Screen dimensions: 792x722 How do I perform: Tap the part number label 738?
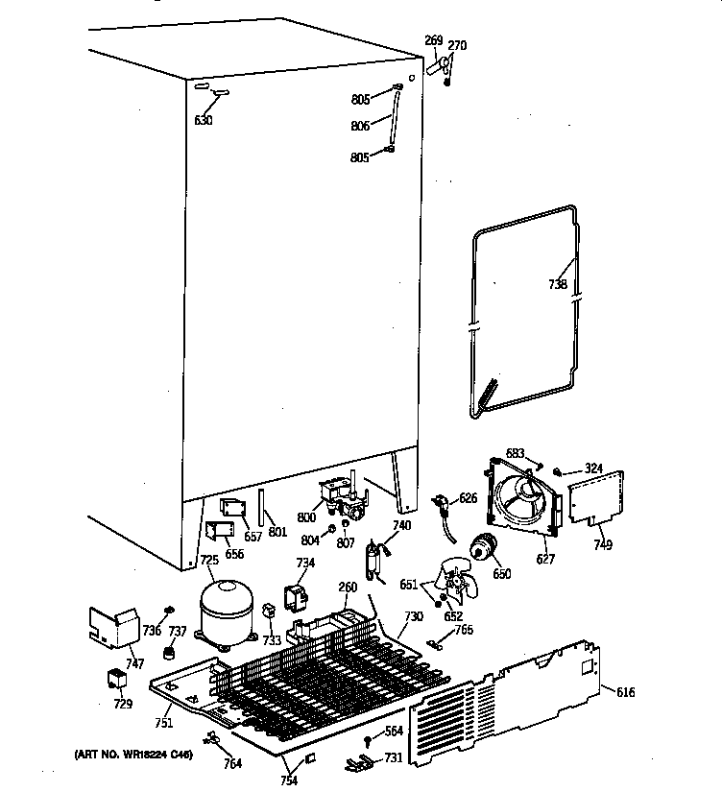click(x=558, y=284)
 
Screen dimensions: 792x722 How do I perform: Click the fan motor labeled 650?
click(x=485, y=549)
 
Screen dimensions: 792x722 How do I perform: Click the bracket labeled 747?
click(x=114, y=627)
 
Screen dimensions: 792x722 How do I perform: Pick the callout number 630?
click(x=203, y=120)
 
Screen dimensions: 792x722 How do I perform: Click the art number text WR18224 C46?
click(x=133, y=756)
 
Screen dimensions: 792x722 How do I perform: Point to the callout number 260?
click(x=348, y=588)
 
